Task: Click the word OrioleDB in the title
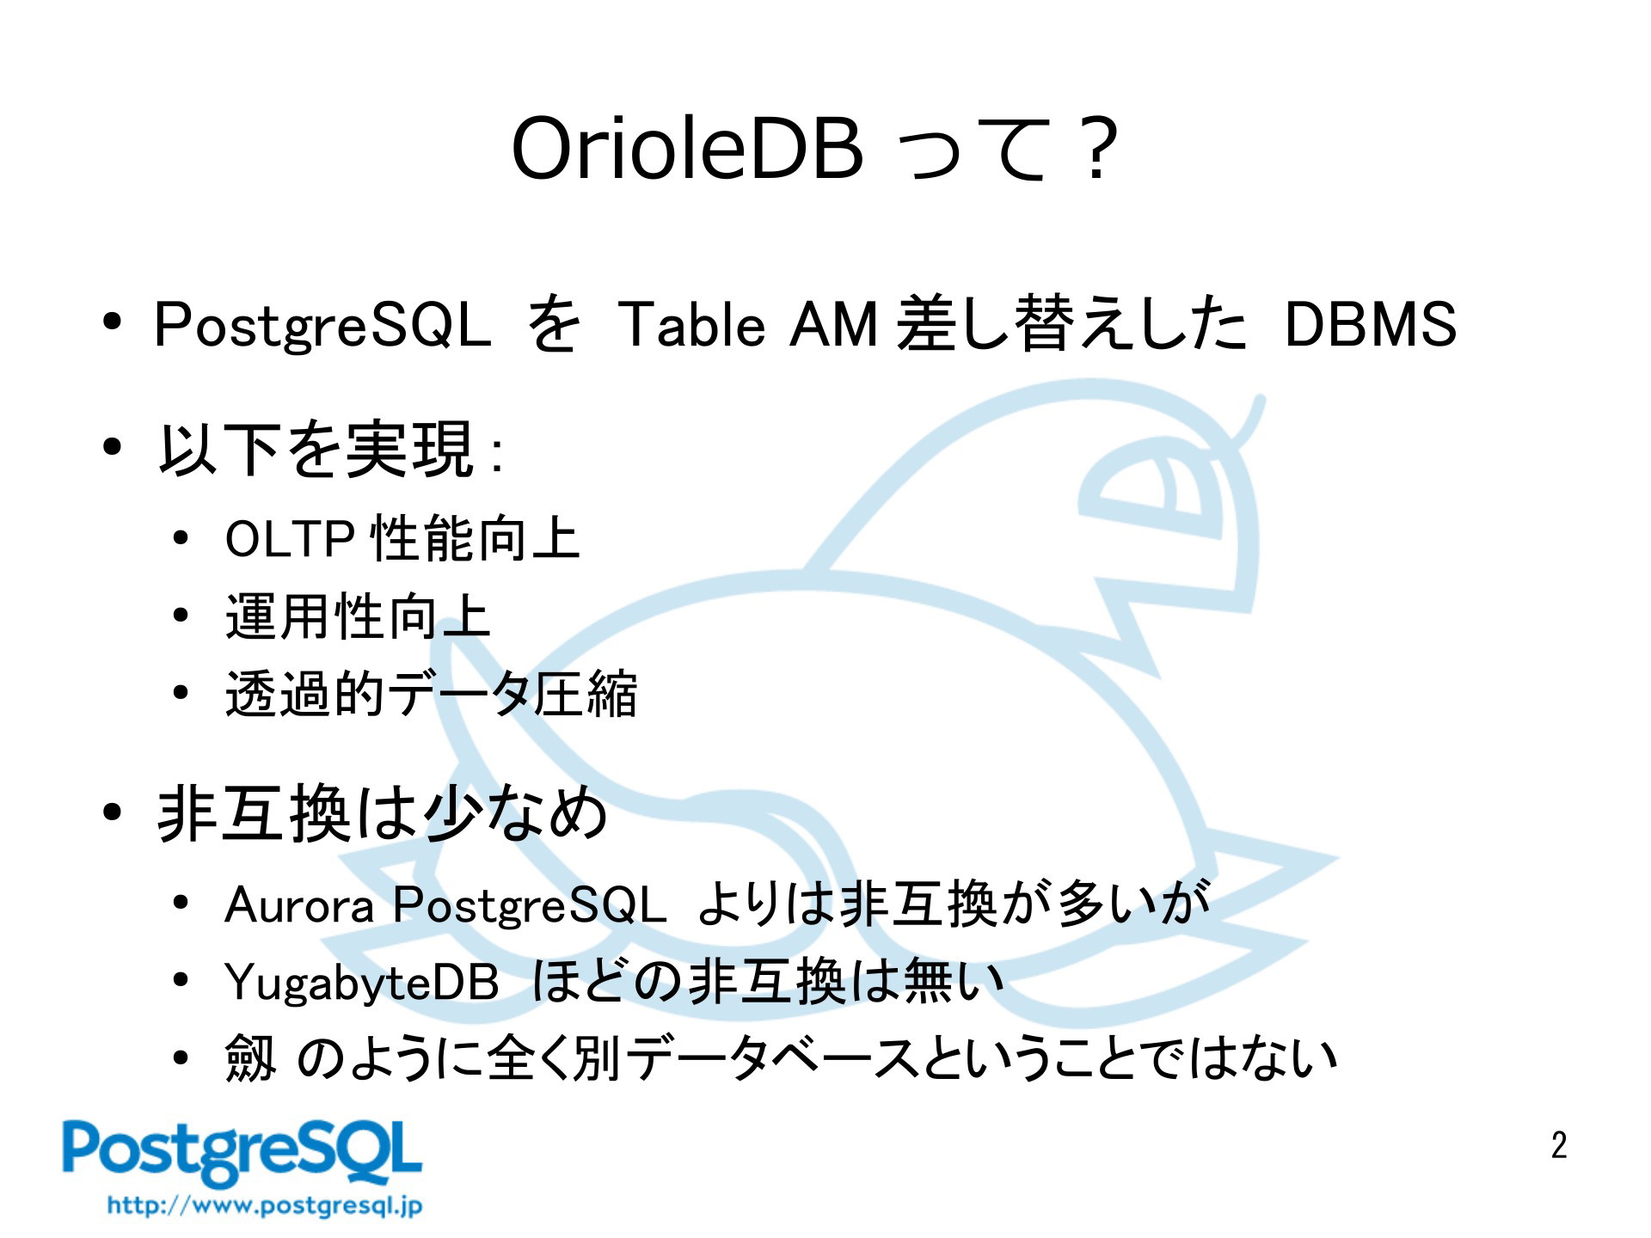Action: [687, 150]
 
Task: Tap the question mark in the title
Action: [1096, 151]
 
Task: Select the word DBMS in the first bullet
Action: [1371, 325]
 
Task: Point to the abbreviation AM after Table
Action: [834, 325]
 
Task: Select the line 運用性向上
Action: [358, 616]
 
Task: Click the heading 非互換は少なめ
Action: [383, 812]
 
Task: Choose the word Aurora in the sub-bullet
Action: [299, 906]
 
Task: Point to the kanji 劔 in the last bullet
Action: [250, 1058]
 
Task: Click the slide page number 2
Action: [1559, 1145]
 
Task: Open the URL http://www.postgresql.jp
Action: [265, 1205]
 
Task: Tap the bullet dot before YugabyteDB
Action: [180, 981]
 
